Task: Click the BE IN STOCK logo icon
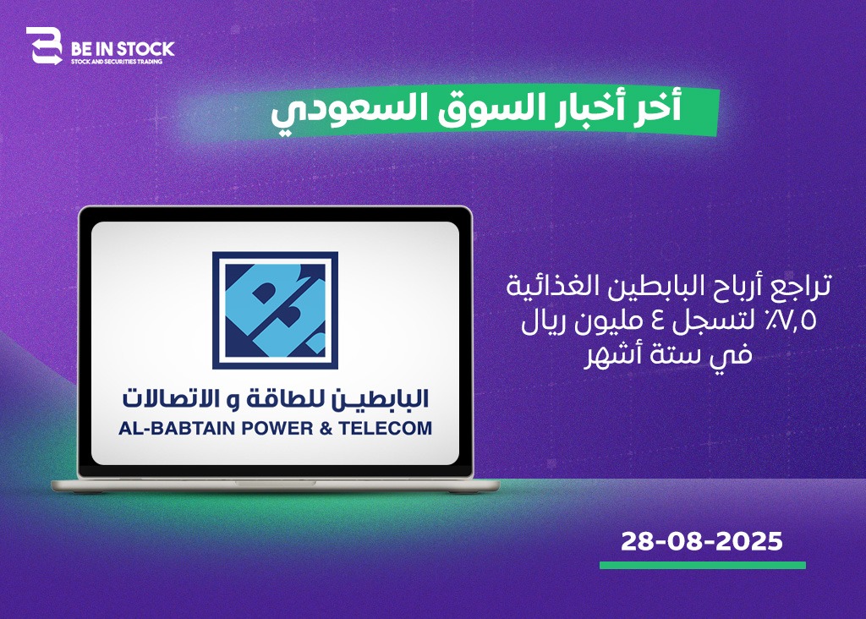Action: (x=44, y=46)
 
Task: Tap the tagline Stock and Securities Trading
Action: (x=117, y=62)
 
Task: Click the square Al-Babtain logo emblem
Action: (x=275, y=310)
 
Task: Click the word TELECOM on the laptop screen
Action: (x=386, y=429)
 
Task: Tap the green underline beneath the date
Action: (x=703, y=566)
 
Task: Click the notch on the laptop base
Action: (x=275, y=483)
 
